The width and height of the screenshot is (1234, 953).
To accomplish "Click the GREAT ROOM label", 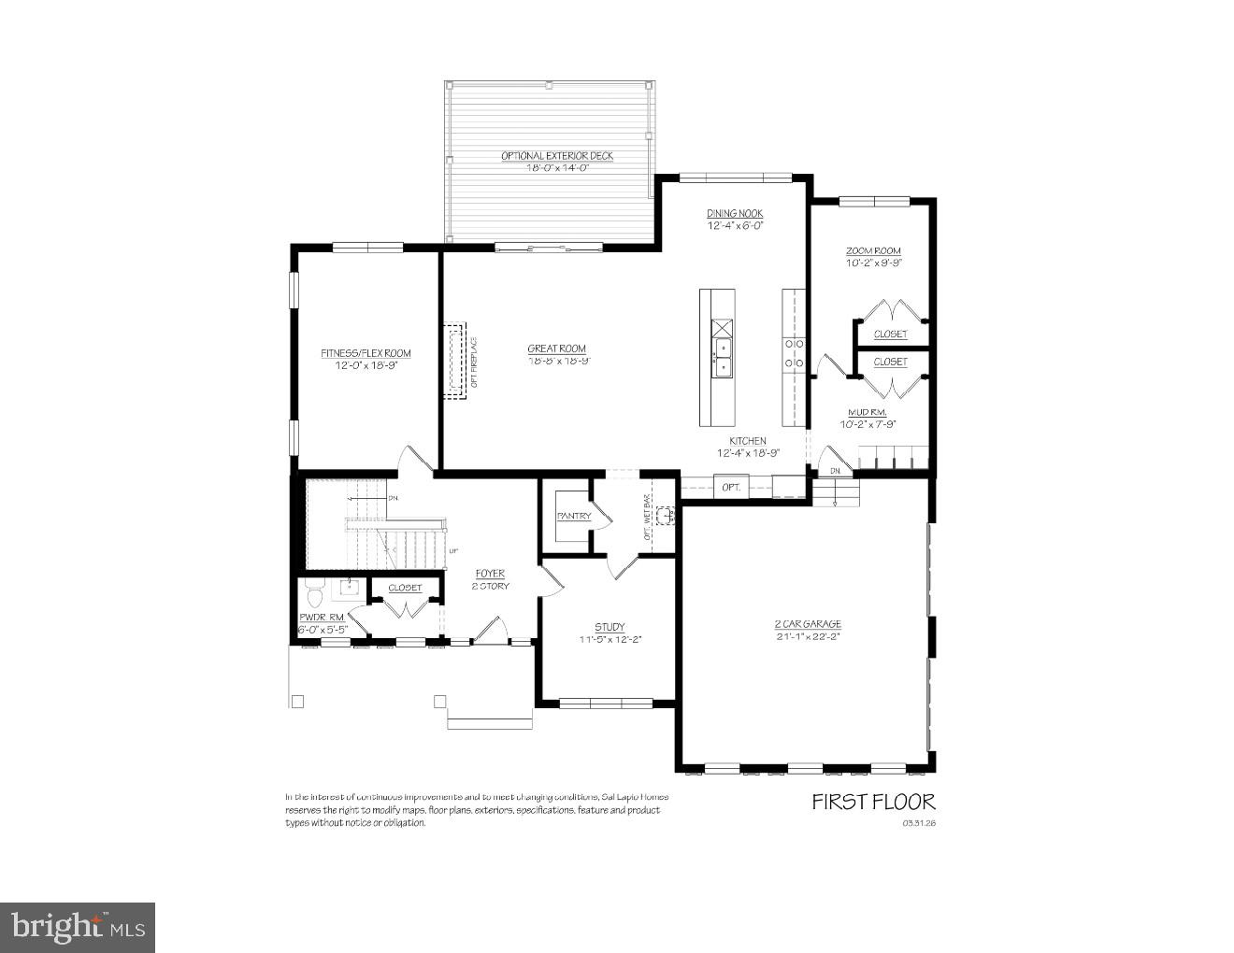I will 556,348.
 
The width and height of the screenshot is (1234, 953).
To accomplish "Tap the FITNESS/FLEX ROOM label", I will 366,353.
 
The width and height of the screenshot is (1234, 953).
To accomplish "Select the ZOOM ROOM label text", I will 873,251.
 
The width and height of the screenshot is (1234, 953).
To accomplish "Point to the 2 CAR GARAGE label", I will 808,624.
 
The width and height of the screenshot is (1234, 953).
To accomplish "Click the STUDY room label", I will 610,627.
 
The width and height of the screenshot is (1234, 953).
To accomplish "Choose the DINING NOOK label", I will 735,214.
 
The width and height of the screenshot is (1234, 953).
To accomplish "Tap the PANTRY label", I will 573,516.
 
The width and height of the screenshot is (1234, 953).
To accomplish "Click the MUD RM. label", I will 867,412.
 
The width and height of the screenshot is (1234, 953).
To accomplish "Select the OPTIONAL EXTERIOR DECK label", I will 557,156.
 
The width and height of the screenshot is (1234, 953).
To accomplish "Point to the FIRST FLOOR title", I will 872,801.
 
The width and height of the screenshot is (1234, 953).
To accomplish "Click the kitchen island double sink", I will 723,357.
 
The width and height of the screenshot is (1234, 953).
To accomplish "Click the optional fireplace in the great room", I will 455,361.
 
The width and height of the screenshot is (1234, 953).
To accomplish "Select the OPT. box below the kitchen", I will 731,487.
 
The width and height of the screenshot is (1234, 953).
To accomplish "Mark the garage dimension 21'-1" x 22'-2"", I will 808,637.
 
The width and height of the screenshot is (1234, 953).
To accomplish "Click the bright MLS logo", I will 78,927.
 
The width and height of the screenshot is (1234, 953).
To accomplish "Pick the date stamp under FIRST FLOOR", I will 918,823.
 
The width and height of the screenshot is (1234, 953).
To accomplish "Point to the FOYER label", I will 490,574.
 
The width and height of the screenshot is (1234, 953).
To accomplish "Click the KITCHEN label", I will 748,441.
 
